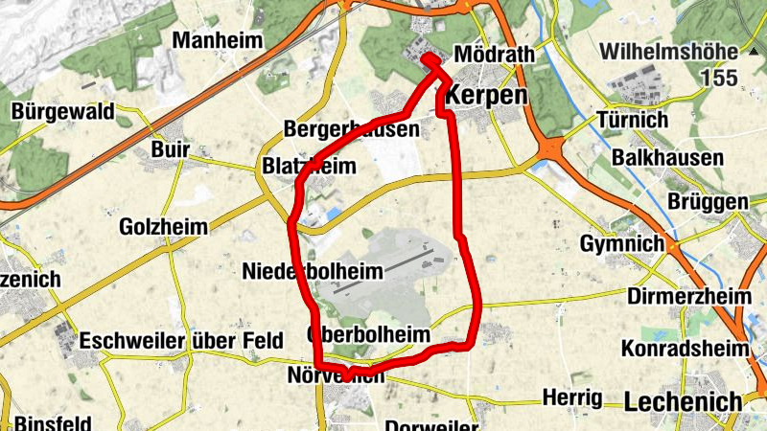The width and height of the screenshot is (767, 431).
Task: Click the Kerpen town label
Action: [x=487, y=97]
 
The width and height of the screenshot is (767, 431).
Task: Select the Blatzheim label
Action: [x=309, y=167]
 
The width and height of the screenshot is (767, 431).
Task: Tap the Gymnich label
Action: [x=621, y=244]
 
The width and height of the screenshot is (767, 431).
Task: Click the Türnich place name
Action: [x=632, y=121]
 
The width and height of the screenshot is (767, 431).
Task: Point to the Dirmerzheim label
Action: [x=689, y=296]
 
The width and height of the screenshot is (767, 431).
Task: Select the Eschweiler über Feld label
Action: [x=181, y=341]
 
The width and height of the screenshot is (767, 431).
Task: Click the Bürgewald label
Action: [x=63, y=112]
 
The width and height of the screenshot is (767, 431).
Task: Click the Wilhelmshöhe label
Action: [x=682, y=52]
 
